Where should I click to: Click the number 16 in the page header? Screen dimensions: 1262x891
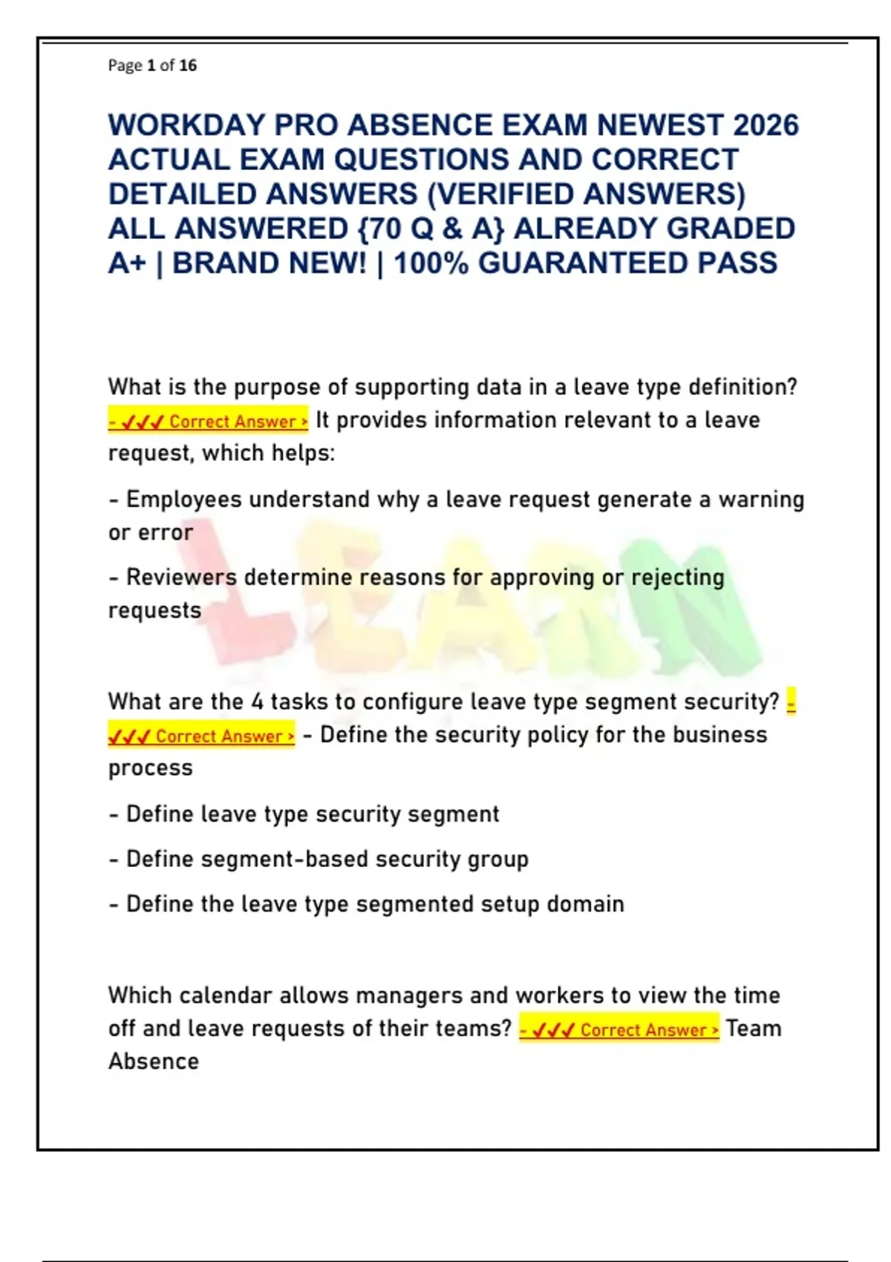tap(188, 65)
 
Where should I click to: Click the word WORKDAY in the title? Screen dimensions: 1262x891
tap(186, 125)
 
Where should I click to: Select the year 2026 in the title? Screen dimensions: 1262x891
tap(766, 125)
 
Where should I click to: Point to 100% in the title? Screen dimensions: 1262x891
tap(431, 264)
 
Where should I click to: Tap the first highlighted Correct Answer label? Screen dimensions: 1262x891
tap(208, 421)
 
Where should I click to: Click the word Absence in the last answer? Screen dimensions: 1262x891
tap(154, 1062)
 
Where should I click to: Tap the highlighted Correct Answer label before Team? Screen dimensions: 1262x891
tap(619, 1029)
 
